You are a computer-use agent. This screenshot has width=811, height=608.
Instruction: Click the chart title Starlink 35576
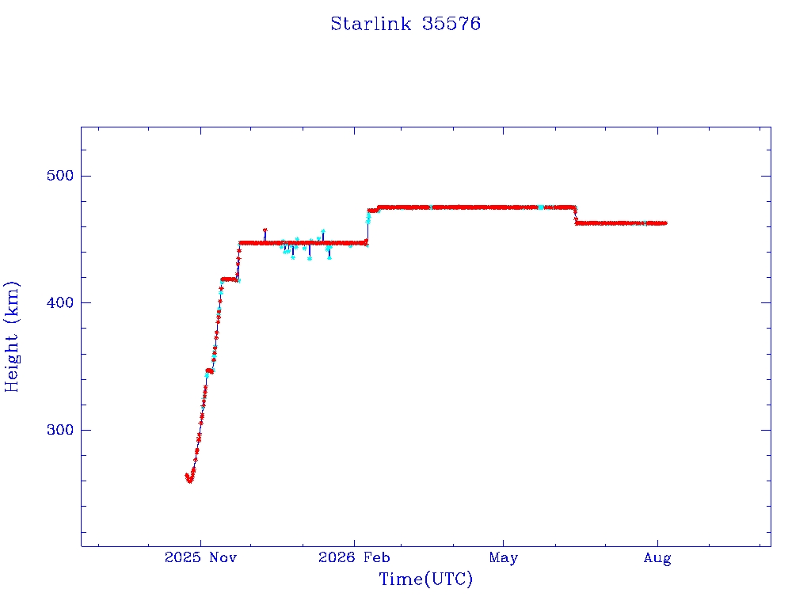tap(405, 24)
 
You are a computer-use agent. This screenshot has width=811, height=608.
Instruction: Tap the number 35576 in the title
tap(451, 24)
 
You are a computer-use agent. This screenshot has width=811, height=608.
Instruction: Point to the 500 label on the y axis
tap(60, 176)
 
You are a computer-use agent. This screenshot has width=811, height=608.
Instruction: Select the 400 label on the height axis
tap(60, 302)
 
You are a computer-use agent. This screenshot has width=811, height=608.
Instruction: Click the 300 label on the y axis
tap(60, 430)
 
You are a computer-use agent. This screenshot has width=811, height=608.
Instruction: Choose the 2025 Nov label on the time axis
tap(200, 557)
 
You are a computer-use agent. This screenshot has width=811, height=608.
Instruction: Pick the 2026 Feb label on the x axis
tap(354, 557)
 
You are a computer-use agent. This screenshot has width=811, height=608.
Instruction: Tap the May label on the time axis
tap(503, 558)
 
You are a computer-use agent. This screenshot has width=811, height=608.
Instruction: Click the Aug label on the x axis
tap(657, 558)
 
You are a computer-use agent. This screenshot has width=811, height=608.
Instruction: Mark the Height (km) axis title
tap(11, 336)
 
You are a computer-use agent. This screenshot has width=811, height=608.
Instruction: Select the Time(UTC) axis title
tap(425, 579)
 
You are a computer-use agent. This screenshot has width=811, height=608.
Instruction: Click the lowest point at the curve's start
tap(189, 481)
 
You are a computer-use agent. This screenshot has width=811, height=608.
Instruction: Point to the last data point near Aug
tap(664, 223)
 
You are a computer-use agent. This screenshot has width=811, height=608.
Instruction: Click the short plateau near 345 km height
tap(209, 370)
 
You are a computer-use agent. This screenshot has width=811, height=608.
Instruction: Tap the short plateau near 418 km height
tap(229, 279)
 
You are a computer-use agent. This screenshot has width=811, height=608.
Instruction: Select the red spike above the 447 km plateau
tap(265, 234)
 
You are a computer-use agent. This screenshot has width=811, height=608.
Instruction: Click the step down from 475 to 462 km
tap(576, 215)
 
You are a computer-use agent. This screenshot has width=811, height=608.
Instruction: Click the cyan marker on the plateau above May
tap(540, 207)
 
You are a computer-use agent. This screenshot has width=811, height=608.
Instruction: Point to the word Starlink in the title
tap(371, 24)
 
